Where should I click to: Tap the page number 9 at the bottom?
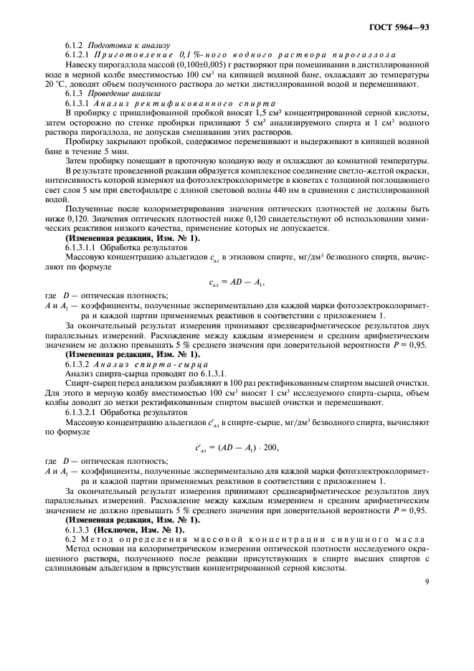coord(426,581)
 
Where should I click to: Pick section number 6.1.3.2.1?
coord(85,411)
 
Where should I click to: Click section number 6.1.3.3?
coord(80,528)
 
